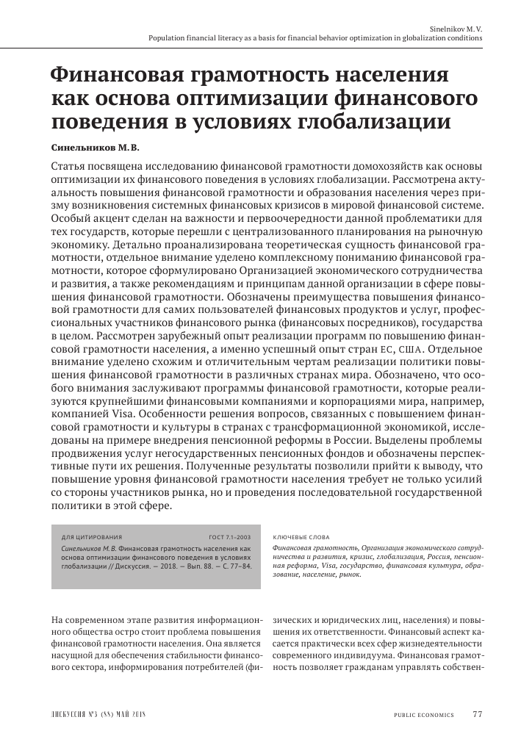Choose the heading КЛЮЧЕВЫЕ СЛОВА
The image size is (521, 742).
[x=301, y=537]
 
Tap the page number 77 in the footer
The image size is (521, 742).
[x=477, y=714]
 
